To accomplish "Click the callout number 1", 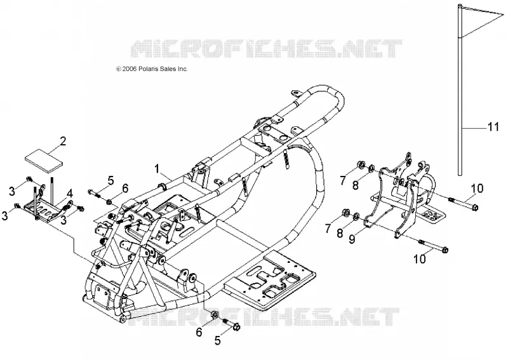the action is [x=157, y=169].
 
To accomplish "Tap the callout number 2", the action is [x=62, y=142].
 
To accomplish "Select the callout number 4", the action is [x=70, y=194].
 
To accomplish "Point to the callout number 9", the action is [x=352, y=239].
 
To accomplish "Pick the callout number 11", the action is [x=493, y=126].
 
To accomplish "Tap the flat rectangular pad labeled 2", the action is [x=44, y=161].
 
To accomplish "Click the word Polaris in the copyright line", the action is [x=150, y=69].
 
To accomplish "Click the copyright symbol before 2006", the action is [x=119, y=69].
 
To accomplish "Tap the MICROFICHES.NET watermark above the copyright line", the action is [x=266, y=49].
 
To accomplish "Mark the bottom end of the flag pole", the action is [x=460, y=175].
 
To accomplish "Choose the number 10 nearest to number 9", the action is [x=420, y=258].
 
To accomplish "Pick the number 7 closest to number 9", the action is [x=328, y=229].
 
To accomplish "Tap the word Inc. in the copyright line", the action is [x=182, y=69].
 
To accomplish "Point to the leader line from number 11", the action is [x=474, y=128].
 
